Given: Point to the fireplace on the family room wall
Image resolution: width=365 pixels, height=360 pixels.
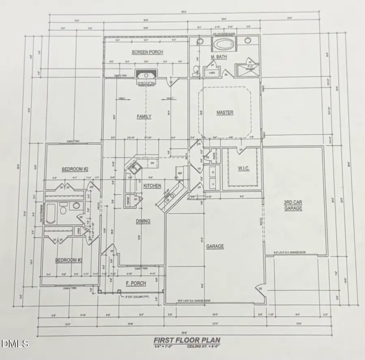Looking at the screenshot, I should (x=144, y=76).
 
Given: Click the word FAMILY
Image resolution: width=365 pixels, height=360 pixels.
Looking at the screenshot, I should (x=144, y=117).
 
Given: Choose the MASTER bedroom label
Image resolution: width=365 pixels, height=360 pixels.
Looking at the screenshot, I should (x=225, y=112).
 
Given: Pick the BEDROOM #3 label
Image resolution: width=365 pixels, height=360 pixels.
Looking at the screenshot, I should (x=69, y=260).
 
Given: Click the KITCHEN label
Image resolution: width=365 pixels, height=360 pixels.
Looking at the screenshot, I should (x=152, y=186).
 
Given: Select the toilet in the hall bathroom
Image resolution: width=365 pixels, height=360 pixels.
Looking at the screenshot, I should (x=63, y=210).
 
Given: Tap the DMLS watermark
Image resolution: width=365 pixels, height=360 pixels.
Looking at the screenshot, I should (x=15, y=344).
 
